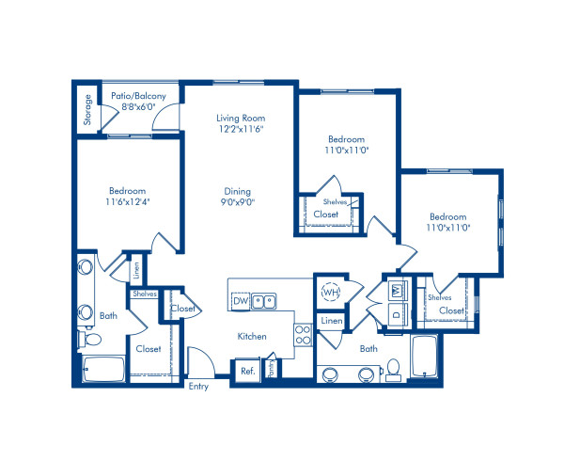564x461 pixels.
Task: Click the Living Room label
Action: coord(241,118)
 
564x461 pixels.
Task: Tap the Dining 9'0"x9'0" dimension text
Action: coord(238,202)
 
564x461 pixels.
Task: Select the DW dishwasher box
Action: coord(241,301)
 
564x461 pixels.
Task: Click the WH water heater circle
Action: coord(331,292)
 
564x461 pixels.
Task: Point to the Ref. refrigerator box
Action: coord(248,371)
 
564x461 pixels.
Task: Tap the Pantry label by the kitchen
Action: coord(272,368)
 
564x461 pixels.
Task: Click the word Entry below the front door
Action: coord(198,387)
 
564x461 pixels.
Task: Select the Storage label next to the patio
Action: coord(87,109)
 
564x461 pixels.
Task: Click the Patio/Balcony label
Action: coord(138,96)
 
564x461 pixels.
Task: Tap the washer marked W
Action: coord(398,290)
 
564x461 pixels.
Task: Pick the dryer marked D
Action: coord(398,314)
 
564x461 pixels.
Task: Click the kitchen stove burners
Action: coord(303,335)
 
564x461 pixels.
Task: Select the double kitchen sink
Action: coord(263,302)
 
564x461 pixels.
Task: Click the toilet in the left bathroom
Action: coord(90,339)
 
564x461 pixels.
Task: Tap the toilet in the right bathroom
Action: coord(394,370)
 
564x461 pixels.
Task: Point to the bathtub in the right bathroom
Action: coord(425,357)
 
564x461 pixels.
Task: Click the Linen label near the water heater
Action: coord(332,320)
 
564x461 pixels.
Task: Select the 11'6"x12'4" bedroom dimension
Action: coord(128,201)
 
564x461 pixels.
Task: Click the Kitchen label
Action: coord(252,337)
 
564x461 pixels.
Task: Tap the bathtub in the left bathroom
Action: coord(104,369)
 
